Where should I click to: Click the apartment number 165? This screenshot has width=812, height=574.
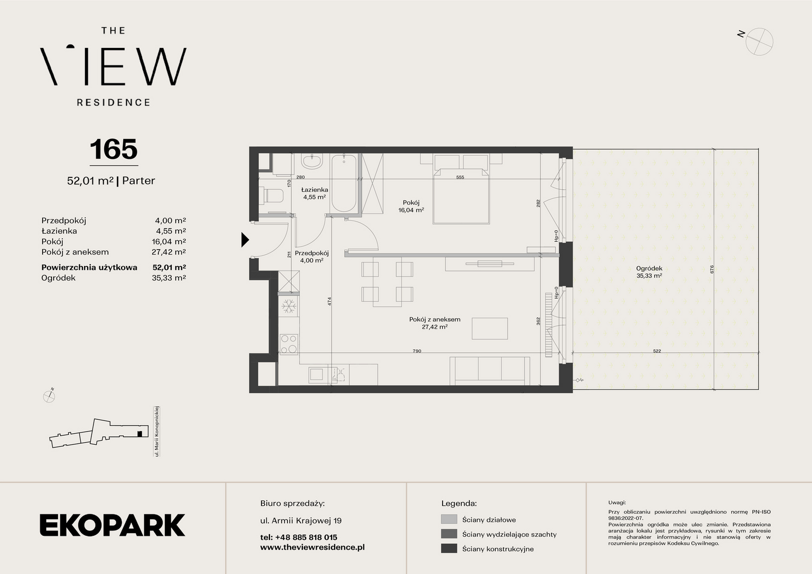click(x=114, y=149)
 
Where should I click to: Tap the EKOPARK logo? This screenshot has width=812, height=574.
click(x=112, y=525)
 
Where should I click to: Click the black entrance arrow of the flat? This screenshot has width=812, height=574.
click(x=245, y=240)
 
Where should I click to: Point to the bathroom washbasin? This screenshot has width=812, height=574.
click(x=312, y=162)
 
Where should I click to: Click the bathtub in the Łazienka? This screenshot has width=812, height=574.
click(x=344, y=183)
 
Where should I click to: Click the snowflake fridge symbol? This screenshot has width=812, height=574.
click(x=289, y=306)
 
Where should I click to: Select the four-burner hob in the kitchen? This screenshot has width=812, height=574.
click(x=289, y=344)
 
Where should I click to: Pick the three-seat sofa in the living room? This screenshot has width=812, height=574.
click(x=490, y=371)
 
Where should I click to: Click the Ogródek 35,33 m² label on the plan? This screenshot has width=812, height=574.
click(x=649, y=272)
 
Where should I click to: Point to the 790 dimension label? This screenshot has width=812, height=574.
click(x=417, y=351)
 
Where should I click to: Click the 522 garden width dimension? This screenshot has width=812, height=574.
click(x=657, y=351)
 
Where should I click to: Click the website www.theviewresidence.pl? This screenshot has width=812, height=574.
click(x=312, y=547)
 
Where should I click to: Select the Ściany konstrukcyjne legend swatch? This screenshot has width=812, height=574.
click(x=449, y=548)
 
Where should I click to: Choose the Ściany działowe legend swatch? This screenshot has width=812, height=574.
click(x=449, y=519)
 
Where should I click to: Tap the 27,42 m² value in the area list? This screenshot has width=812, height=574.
click(x=168, y=252)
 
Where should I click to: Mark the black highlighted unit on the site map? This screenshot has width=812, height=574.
click(x=140, y=434)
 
